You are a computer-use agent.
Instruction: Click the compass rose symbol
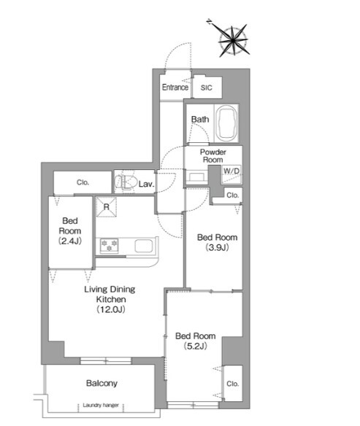[x=233, y=40]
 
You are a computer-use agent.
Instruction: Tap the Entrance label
[x=175, y=88]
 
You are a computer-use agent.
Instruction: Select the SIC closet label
[x=207, y=88]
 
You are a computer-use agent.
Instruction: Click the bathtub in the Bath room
[x=226, y=123]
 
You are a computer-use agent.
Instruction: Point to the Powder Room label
[x=213, y=155]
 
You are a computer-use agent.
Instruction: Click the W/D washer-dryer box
[x=231, y=174]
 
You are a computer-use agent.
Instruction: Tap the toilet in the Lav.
[x=126, y=182]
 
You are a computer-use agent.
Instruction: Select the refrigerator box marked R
[x=107, y=206]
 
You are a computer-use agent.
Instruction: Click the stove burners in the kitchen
[x=109, y=245]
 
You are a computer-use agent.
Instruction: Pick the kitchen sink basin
[x=144, y=246]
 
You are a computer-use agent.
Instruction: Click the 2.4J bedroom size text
[x=70, y=241]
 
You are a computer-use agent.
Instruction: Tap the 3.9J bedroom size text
[x=218, y=247]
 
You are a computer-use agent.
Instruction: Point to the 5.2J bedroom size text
[x=196, y=346]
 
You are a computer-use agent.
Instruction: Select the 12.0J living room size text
[x=111, y=309]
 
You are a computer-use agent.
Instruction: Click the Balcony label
[x=102, y=384]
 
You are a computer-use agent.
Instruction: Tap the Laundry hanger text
[x=101, y=405]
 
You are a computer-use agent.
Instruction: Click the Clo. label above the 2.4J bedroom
[x=83, y=182]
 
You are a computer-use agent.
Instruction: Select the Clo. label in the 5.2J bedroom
[x=232, y=384]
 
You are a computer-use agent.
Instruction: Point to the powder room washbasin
[x=197, y=176]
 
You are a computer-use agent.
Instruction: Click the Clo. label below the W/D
[x=232, y=195]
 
